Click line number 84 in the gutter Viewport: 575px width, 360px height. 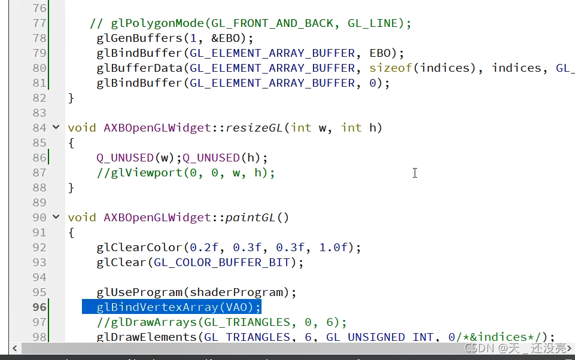pos(39,127)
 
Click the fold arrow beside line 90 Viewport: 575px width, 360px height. pos(56,217)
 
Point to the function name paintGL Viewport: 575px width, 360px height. pos(250,217)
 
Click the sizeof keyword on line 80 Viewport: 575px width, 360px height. pos(390,68)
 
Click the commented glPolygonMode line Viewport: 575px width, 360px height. pos(251,23)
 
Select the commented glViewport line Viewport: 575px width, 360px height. pos(185,172)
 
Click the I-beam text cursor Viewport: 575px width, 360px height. pos(415,173)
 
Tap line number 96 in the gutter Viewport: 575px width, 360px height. pos(39,307)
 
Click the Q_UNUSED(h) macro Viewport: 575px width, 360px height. pos(224,157)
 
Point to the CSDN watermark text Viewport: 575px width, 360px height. pos(515,348)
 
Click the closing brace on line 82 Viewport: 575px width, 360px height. pos(71,97)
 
